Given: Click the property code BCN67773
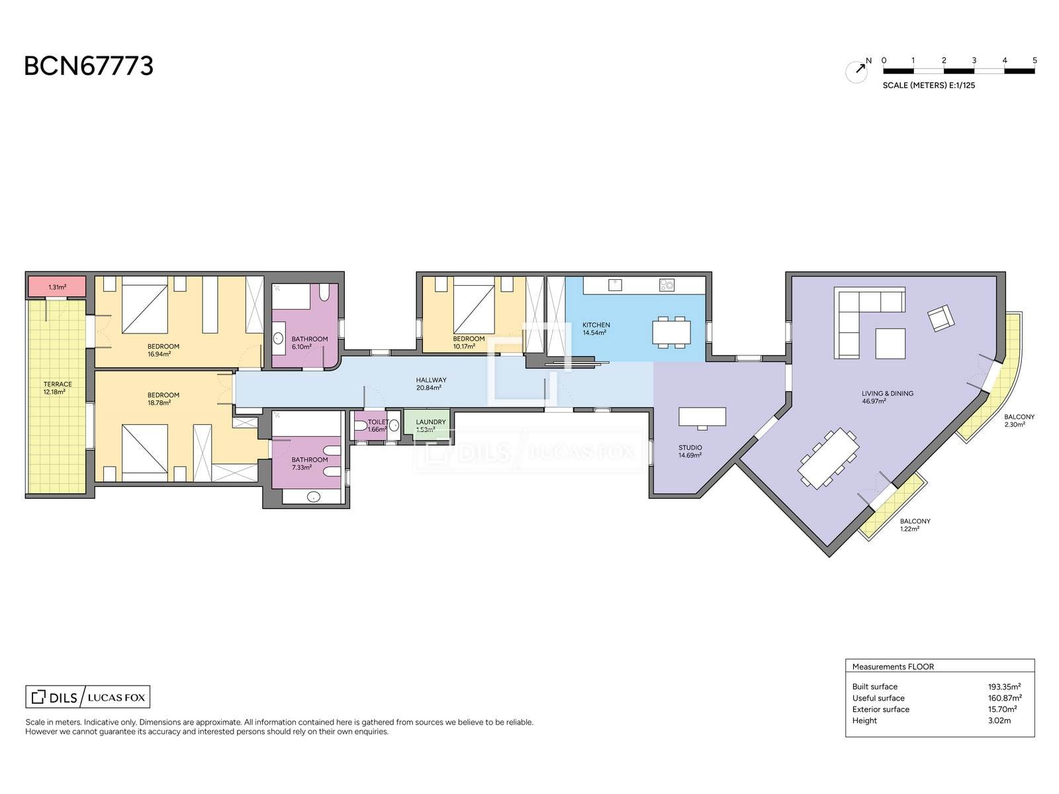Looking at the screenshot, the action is tap(89, 66).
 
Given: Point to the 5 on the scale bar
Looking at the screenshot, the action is tap(1035, 61).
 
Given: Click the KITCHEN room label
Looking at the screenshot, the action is tap(596, 325).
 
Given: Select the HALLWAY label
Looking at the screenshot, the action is tap(431, 380).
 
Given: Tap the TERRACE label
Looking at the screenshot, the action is tap(58, 384).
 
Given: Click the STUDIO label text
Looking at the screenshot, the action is tap(690, 447).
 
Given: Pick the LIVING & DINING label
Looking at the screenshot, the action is tap(888, 394).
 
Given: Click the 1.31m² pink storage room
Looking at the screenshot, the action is tap(57, 287).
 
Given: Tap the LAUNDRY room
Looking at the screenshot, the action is tap(427, 423).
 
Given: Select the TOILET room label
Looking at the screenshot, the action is tap(378, 422).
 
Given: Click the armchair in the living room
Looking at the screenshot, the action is tap(941, 318).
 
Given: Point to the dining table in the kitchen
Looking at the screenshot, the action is tap(671, 332).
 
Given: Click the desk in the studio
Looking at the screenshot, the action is tap(702, 417).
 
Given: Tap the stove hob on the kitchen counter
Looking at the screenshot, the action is tap(667, 285).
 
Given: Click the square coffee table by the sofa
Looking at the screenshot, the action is tap(890, 343).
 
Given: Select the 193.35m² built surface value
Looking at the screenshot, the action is tap(1004, 687).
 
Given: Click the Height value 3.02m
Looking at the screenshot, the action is tap(999, 721).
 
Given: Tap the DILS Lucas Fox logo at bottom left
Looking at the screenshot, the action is tap(88, 697).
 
